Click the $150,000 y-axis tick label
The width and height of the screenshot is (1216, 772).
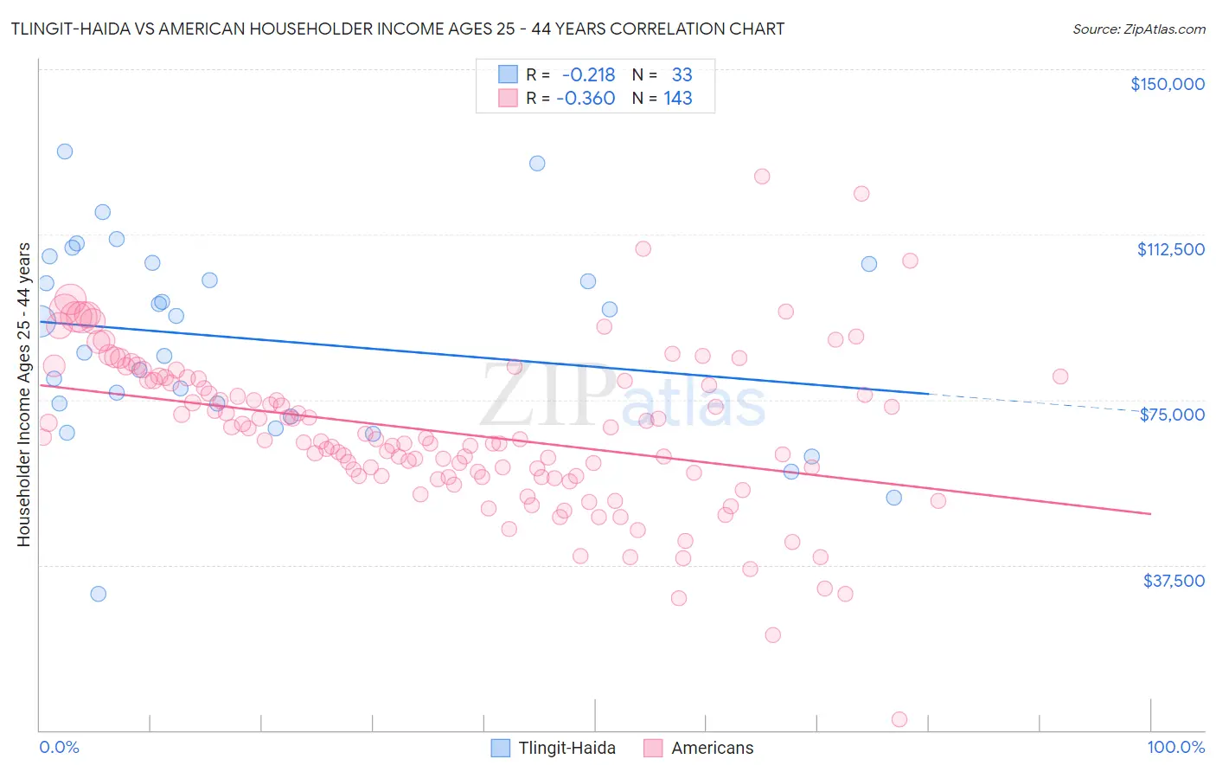(x=1167, y=84)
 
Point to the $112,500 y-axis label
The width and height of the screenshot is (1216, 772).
(x=1170, y=249)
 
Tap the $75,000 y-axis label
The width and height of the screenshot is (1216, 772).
(x=1172, y=415)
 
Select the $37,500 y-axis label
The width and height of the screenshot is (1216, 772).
(x=1174, y=581)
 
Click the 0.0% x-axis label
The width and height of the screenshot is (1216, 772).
(x=59, y=747)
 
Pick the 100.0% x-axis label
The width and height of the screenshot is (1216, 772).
(x=1175, y=747)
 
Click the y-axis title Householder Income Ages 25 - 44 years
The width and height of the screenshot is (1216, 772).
(x=23, y=395)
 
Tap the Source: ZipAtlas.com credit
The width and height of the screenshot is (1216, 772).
(x=1138, y=29)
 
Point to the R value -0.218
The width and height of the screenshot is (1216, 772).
(x=588, y=74)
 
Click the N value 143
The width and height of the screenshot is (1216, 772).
(x=678, y=98)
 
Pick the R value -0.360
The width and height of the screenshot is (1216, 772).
(x=586, y=98)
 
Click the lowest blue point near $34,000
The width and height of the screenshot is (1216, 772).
(x=99, y=594)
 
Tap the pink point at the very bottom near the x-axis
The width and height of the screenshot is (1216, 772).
(x=899, y=719)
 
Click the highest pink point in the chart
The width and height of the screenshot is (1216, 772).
(x=762, y=177)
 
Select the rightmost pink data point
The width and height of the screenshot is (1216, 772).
(x=1060, y=376)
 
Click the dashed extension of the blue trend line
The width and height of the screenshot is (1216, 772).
(x=1038, y=402)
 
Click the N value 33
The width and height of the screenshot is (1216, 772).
(x=682, y=74)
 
